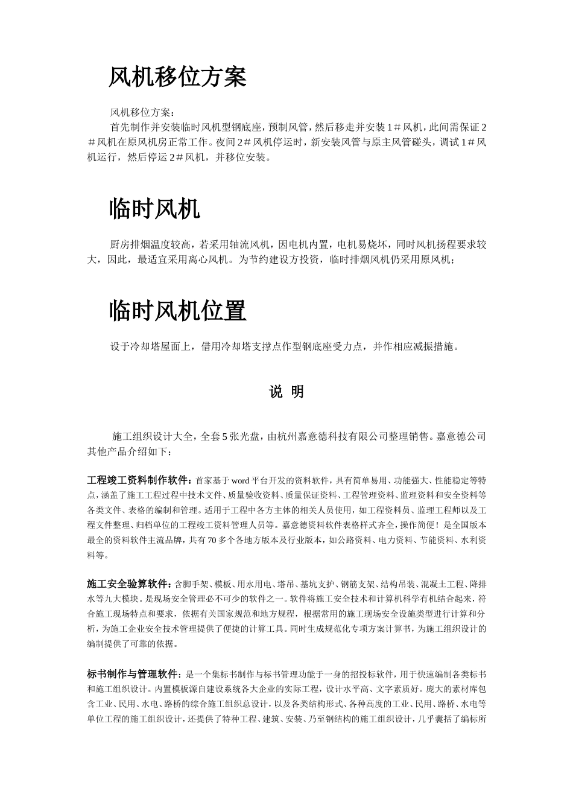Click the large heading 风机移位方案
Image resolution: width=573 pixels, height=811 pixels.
point(177,77)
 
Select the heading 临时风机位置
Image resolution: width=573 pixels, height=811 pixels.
point(177,311)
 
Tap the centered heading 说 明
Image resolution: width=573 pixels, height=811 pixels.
point(286,392)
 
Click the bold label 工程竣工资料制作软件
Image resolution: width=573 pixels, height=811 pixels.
point(138,481)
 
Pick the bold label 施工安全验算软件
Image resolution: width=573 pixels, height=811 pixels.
point(128,585)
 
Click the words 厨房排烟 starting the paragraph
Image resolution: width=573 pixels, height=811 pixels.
point(129,245)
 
